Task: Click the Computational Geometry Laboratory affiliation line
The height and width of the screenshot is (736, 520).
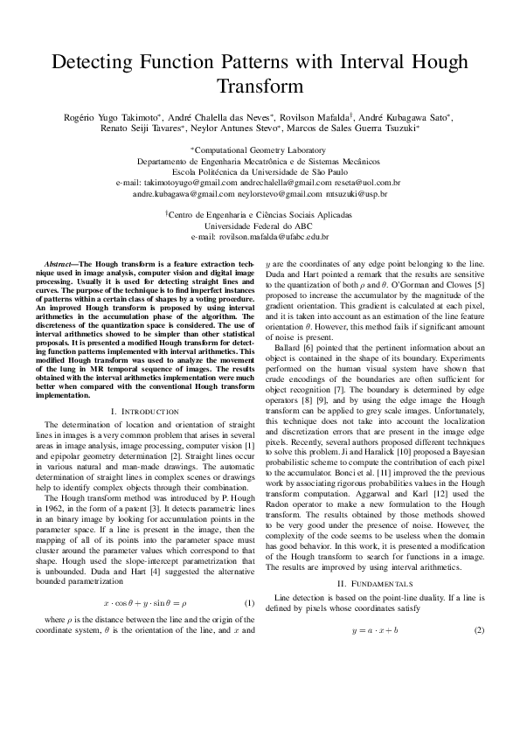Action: [260, 150]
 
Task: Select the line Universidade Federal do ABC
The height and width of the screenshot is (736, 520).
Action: [260, 226]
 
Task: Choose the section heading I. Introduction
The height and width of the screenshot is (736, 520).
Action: [145, 411]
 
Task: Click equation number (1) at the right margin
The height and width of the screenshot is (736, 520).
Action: [249, 602]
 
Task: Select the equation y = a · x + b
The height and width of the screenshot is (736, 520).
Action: [374, 630]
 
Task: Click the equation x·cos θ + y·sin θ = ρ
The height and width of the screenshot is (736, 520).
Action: [145, 602]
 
